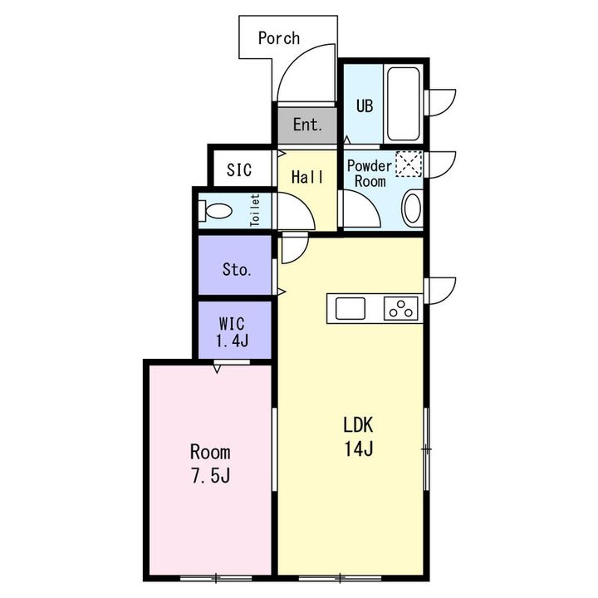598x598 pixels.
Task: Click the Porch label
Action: tap(279, 38)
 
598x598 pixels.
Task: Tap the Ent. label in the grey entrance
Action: tap(307, 125)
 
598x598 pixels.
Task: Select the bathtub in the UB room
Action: tap(404, 104)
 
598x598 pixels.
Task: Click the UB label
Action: tap(365, 106)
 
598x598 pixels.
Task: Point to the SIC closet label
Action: tap(239, 169)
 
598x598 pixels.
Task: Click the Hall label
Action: tap(307, 177)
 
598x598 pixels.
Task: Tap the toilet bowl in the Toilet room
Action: tap(215, 210)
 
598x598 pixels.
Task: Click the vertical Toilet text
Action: tap(255, 210)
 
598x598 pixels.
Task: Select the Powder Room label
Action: tap(369, 174)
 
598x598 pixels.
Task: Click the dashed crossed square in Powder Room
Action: tap(409, 164)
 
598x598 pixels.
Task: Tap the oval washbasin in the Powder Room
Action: tap(412, 208)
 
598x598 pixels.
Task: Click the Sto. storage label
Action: tap(237, 270)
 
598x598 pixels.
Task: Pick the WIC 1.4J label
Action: tap(233, 332)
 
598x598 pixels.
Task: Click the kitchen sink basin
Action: tap(350, 308)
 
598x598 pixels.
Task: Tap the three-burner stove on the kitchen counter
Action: tap(401, 308)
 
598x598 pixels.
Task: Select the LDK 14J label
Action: tap(359, 437)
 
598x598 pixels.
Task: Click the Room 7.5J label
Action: tap(210, 463)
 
